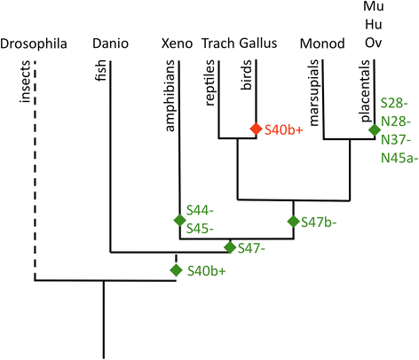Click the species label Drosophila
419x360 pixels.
(34, 43)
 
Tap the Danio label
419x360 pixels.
(110, 43)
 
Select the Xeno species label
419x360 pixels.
(177, 43)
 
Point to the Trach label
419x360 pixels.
(218, 43)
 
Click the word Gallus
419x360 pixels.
(258, 43)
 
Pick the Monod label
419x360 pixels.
(322, 43)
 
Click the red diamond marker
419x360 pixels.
(256, 129)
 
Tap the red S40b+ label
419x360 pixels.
(284, 129)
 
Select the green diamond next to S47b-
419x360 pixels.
(294, 222)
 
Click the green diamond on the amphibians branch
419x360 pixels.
(179, 220)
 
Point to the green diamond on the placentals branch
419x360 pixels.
(375, 129)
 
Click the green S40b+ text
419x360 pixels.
(207, 271)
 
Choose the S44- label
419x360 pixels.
(200, 211)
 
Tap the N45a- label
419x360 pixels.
(399, 158)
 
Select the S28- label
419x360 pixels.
(394, 103)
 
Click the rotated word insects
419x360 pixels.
(25, 82)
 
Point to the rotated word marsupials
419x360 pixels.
(313, 93)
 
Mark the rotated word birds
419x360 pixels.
(246, 74)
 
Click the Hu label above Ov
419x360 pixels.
(374, 24)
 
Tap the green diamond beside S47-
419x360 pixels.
(230, 247)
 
